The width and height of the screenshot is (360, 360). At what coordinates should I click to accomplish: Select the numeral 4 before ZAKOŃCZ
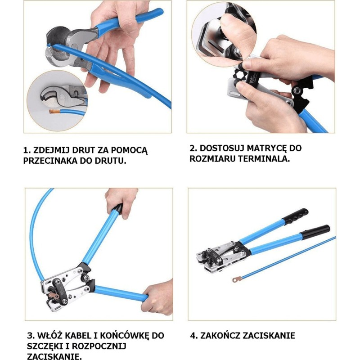194,336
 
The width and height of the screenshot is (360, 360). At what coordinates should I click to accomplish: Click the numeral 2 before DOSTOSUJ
193,148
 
